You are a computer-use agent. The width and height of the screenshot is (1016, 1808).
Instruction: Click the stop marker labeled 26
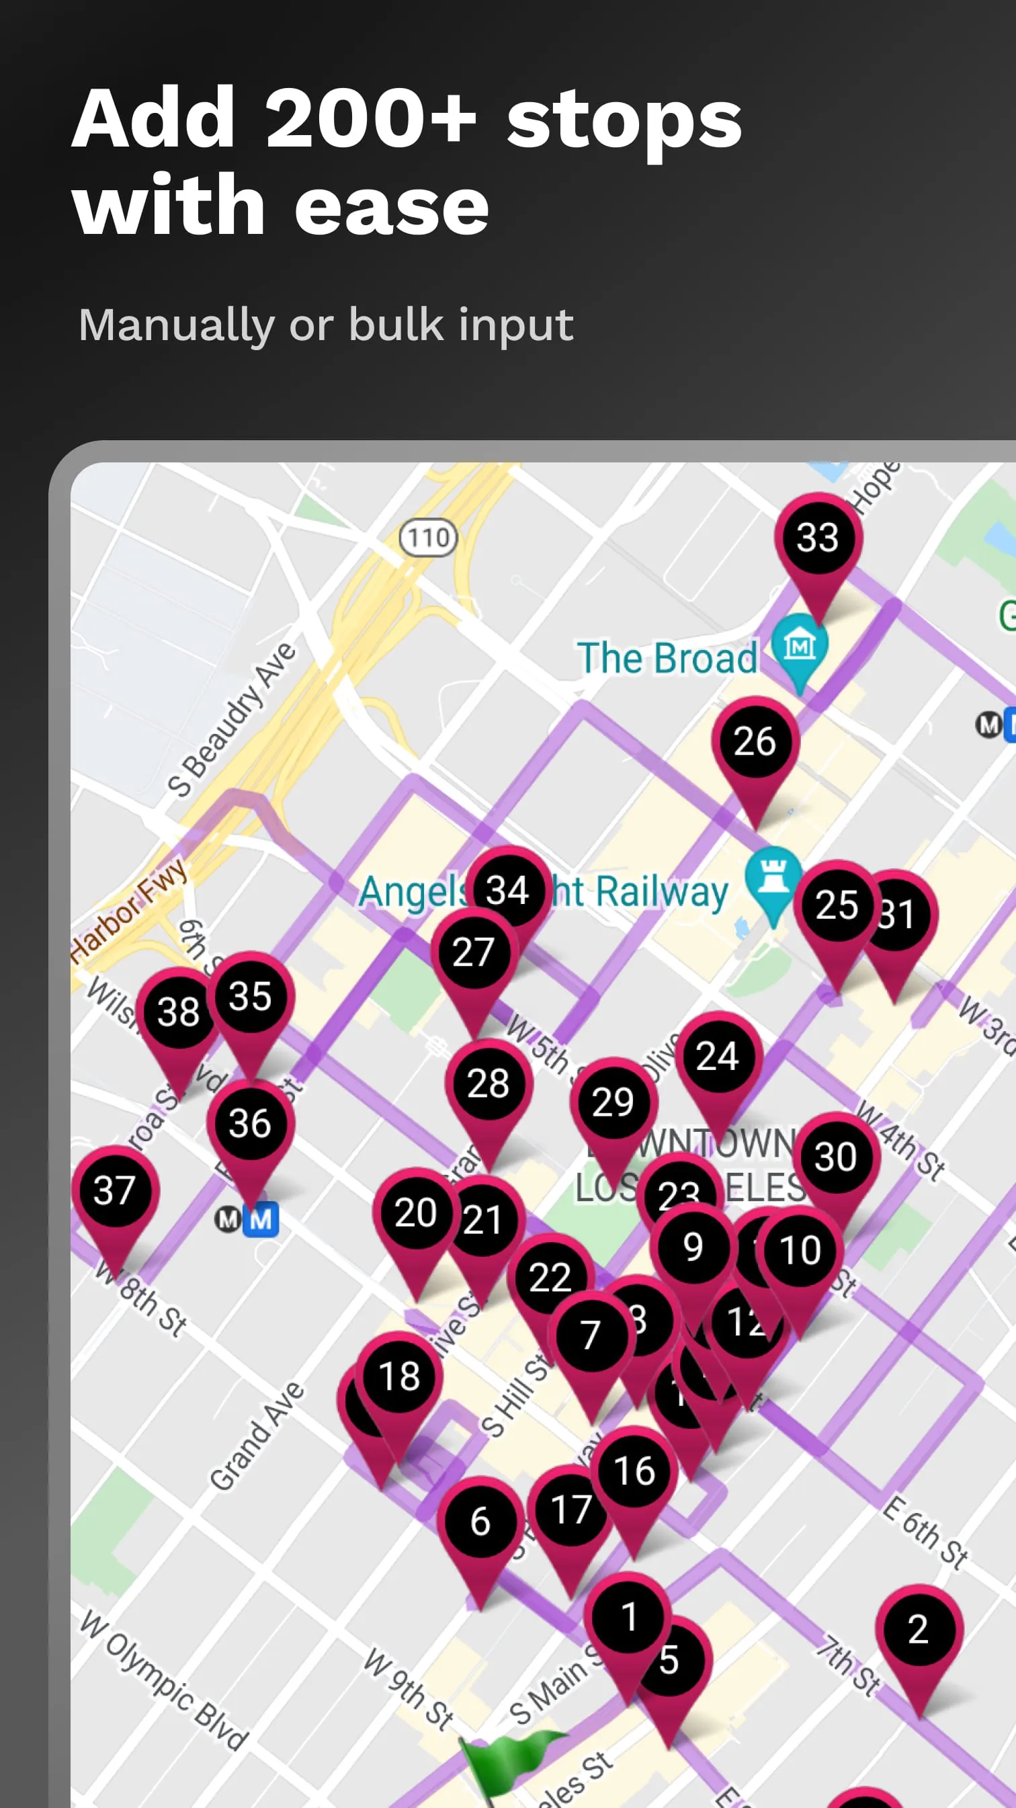[x=755, y=742]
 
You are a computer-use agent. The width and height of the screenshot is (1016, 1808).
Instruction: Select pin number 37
[x=115, y=1191]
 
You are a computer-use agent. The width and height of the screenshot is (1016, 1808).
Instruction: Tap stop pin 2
[x=919, y=1630]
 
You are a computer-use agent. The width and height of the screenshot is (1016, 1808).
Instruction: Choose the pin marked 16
[x=634, y=1471]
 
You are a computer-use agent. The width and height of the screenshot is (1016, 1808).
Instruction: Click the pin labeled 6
[x=480, y=1522]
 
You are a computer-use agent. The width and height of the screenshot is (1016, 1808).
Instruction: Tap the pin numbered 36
[x=250, y=1124]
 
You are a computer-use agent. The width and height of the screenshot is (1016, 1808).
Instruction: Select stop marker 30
[x=836, y=1157]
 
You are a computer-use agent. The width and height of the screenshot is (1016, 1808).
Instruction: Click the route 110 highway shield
[x=428, y=538]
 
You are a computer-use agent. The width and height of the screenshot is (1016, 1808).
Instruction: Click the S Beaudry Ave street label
[x=232, y=719]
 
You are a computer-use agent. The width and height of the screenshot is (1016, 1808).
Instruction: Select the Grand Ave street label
[x=257, y=1438]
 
